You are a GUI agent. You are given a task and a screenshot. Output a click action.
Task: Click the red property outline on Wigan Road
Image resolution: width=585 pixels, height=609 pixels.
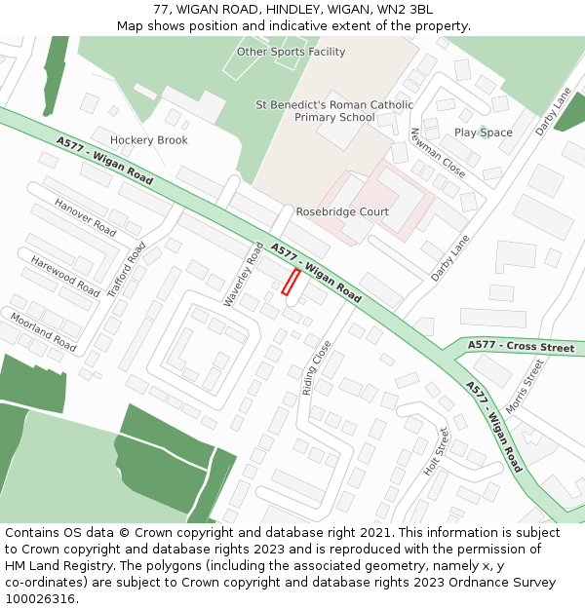click(290, 282)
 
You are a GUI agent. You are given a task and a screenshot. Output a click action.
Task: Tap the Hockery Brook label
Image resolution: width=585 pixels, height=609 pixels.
click(149, 140)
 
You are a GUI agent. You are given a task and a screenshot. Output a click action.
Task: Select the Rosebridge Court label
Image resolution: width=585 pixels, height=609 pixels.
click(342, 211)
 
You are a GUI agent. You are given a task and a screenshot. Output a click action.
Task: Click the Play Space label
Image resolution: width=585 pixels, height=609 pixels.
click(484, 133)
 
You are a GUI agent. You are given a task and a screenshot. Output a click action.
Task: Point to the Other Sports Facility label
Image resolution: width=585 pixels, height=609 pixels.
click(292, 52)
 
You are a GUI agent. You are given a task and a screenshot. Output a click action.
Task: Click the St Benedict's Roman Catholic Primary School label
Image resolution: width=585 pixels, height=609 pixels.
click(334, 111)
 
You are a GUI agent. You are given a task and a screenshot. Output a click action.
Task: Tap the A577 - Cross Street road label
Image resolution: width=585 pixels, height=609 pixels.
click(521, 346)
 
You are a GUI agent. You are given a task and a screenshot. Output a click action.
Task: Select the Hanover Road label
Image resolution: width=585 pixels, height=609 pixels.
click(86, 217)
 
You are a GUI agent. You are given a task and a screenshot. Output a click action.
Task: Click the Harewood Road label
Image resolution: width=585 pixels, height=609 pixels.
click(64, 276)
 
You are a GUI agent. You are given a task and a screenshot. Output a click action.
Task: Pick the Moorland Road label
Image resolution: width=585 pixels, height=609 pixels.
click(43, 331)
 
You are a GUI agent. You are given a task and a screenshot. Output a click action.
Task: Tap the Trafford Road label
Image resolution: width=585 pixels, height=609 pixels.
click(127, 269)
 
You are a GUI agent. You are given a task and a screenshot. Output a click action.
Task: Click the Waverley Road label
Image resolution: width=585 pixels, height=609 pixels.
click(243, 275)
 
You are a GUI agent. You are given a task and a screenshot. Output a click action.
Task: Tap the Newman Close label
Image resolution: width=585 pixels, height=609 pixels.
click(438, 152)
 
